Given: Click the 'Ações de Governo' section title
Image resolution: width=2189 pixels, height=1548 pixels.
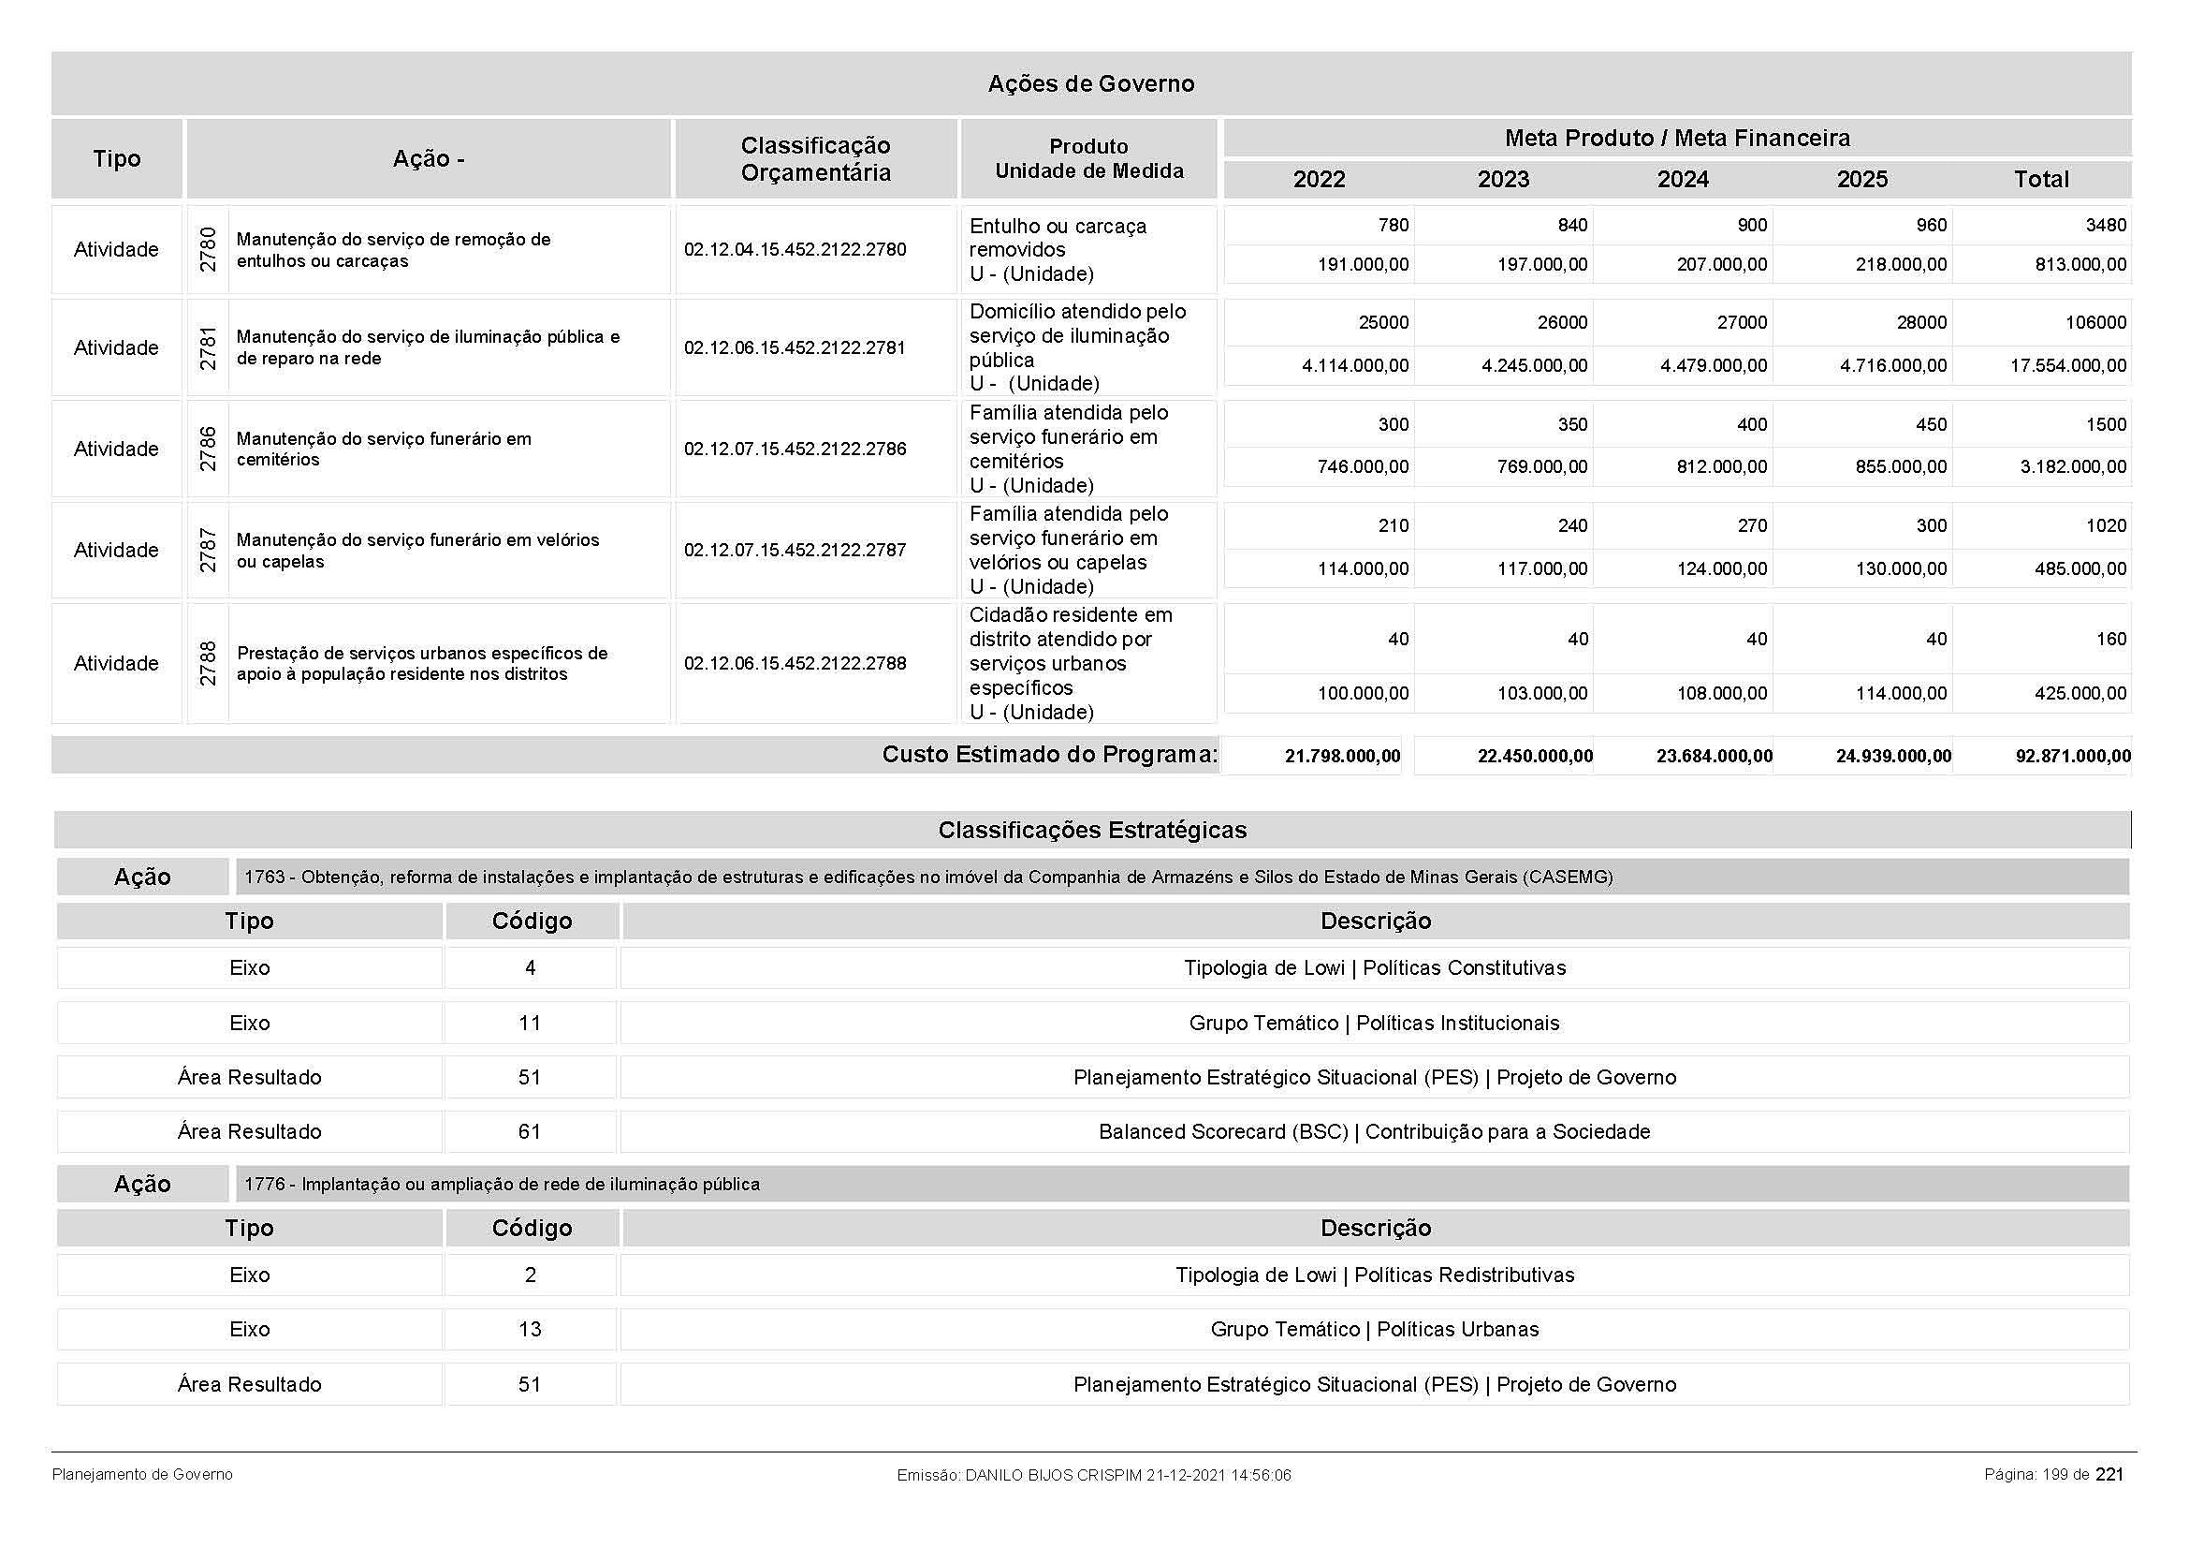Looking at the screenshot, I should [1090, 84].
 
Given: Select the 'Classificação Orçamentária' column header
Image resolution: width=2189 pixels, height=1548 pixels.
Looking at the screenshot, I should [815, 159].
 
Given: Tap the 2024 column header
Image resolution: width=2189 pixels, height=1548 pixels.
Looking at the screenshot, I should [1683, 179].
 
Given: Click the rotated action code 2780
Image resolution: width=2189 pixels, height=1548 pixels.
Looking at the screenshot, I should [208, 249].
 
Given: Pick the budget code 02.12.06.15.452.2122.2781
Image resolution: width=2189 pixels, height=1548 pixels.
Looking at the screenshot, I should [795, 348].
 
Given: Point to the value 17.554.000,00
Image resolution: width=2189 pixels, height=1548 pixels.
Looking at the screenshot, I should [2068, 366].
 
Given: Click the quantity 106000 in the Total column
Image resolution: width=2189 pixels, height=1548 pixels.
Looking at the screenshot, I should [2095, 323].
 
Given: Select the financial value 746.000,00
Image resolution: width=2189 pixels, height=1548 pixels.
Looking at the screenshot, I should [1363, 467].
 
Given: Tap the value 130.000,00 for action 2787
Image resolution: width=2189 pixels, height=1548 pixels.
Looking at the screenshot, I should [1901, 569].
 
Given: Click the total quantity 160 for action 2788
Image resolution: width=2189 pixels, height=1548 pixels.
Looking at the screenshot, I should [2110, 639].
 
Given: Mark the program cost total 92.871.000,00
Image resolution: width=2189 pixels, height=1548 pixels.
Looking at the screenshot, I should [2073, 757].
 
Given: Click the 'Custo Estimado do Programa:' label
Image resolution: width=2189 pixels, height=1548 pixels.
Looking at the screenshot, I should [1049, 756].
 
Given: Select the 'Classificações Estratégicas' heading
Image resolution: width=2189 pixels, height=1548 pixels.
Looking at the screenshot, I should [1091, 831].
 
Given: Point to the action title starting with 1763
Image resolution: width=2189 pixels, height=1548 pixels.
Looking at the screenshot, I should [927, 877].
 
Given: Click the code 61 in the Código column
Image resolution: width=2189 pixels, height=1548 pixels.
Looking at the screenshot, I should [530, 1132].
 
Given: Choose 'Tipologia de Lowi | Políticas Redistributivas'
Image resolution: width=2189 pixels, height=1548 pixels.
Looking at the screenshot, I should [1375, 1275].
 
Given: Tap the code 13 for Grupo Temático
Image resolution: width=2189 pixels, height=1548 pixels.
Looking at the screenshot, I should [530, 1330].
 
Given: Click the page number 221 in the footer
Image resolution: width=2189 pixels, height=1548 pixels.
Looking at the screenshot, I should [2109, 1475].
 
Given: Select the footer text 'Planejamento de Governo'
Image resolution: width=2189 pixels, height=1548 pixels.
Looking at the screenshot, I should [142, 1475].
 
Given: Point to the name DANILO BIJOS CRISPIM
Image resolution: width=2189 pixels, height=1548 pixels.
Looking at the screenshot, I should [1053, 1476].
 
